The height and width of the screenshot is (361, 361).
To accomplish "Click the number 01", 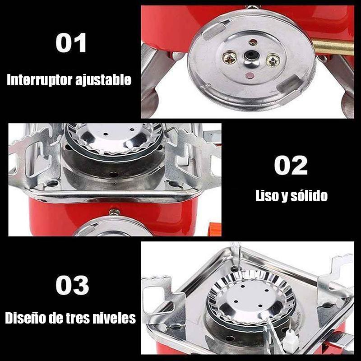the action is click(x=71, y=42).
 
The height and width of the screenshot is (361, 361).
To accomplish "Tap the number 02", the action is click(x=291, y=165).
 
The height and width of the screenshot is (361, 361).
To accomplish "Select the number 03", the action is click(x=72, y=285).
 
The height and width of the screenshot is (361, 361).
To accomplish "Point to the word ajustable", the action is click(x=103, y=80).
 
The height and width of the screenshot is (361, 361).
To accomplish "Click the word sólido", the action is click(x=309, y=196).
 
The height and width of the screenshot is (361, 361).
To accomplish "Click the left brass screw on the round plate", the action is click(x=229, y=58).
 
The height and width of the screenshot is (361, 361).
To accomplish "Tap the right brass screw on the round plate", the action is click(x=273, y=60).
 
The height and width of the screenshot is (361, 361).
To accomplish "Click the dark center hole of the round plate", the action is click(x=251, y=55).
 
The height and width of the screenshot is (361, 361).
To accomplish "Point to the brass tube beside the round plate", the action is click(x=333, y=47).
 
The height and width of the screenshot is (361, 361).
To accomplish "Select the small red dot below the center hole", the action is click(x=250, y=75).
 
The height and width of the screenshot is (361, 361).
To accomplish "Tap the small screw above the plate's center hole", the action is click(x=253, y=42).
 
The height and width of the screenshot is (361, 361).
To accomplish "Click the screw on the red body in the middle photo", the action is click(x=114, y=213).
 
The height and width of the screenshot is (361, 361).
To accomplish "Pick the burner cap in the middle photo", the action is click(x=114, y=139).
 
